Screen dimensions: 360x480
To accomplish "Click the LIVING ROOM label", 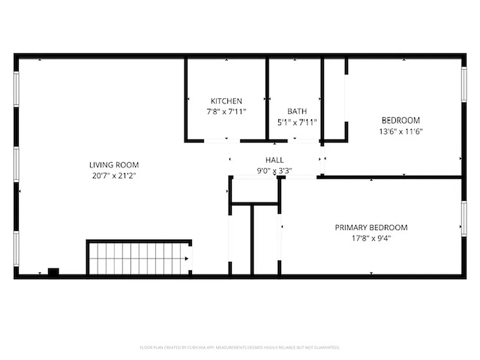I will pos(114,165).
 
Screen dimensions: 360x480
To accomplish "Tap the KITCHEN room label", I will pos(226,101).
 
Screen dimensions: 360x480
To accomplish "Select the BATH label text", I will pos(297,111).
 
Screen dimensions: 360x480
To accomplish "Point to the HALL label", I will pos(274,160).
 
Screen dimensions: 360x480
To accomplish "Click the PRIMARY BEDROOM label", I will pos(371,228).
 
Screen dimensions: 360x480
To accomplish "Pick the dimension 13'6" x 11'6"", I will pos(401,131).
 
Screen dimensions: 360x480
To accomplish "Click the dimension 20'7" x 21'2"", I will pos(114,176).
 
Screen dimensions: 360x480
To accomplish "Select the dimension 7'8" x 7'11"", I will pos(226,112).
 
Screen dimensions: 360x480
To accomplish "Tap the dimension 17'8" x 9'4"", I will pos(371,238).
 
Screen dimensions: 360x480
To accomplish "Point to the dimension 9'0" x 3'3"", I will pos(274,171).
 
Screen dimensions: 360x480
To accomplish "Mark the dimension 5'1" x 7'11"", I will pos(297,122).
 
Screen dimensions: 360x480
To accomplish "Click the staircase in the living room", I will pos(137,258).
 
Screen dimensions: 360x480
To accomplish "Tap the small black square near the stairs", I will pos(53,272).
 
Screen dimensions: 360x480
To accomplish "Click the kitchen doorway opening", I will pos(222,141).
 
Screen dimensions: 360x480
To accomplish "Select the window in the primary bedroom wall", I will pos(464,219).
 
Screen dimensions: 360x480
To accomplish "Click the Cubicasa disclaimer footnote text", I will pos(240,347).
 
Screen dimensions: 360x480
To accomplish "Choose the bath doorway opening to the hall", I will pos(304,141).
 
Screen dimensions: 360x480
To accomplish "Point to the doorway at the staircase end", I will pos(190,258).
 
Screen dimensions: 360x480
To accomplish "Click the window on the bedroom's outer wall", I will pos(464,85).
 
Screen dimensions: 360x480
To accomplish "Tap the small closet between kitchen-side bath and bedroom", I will pos(334,99).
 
